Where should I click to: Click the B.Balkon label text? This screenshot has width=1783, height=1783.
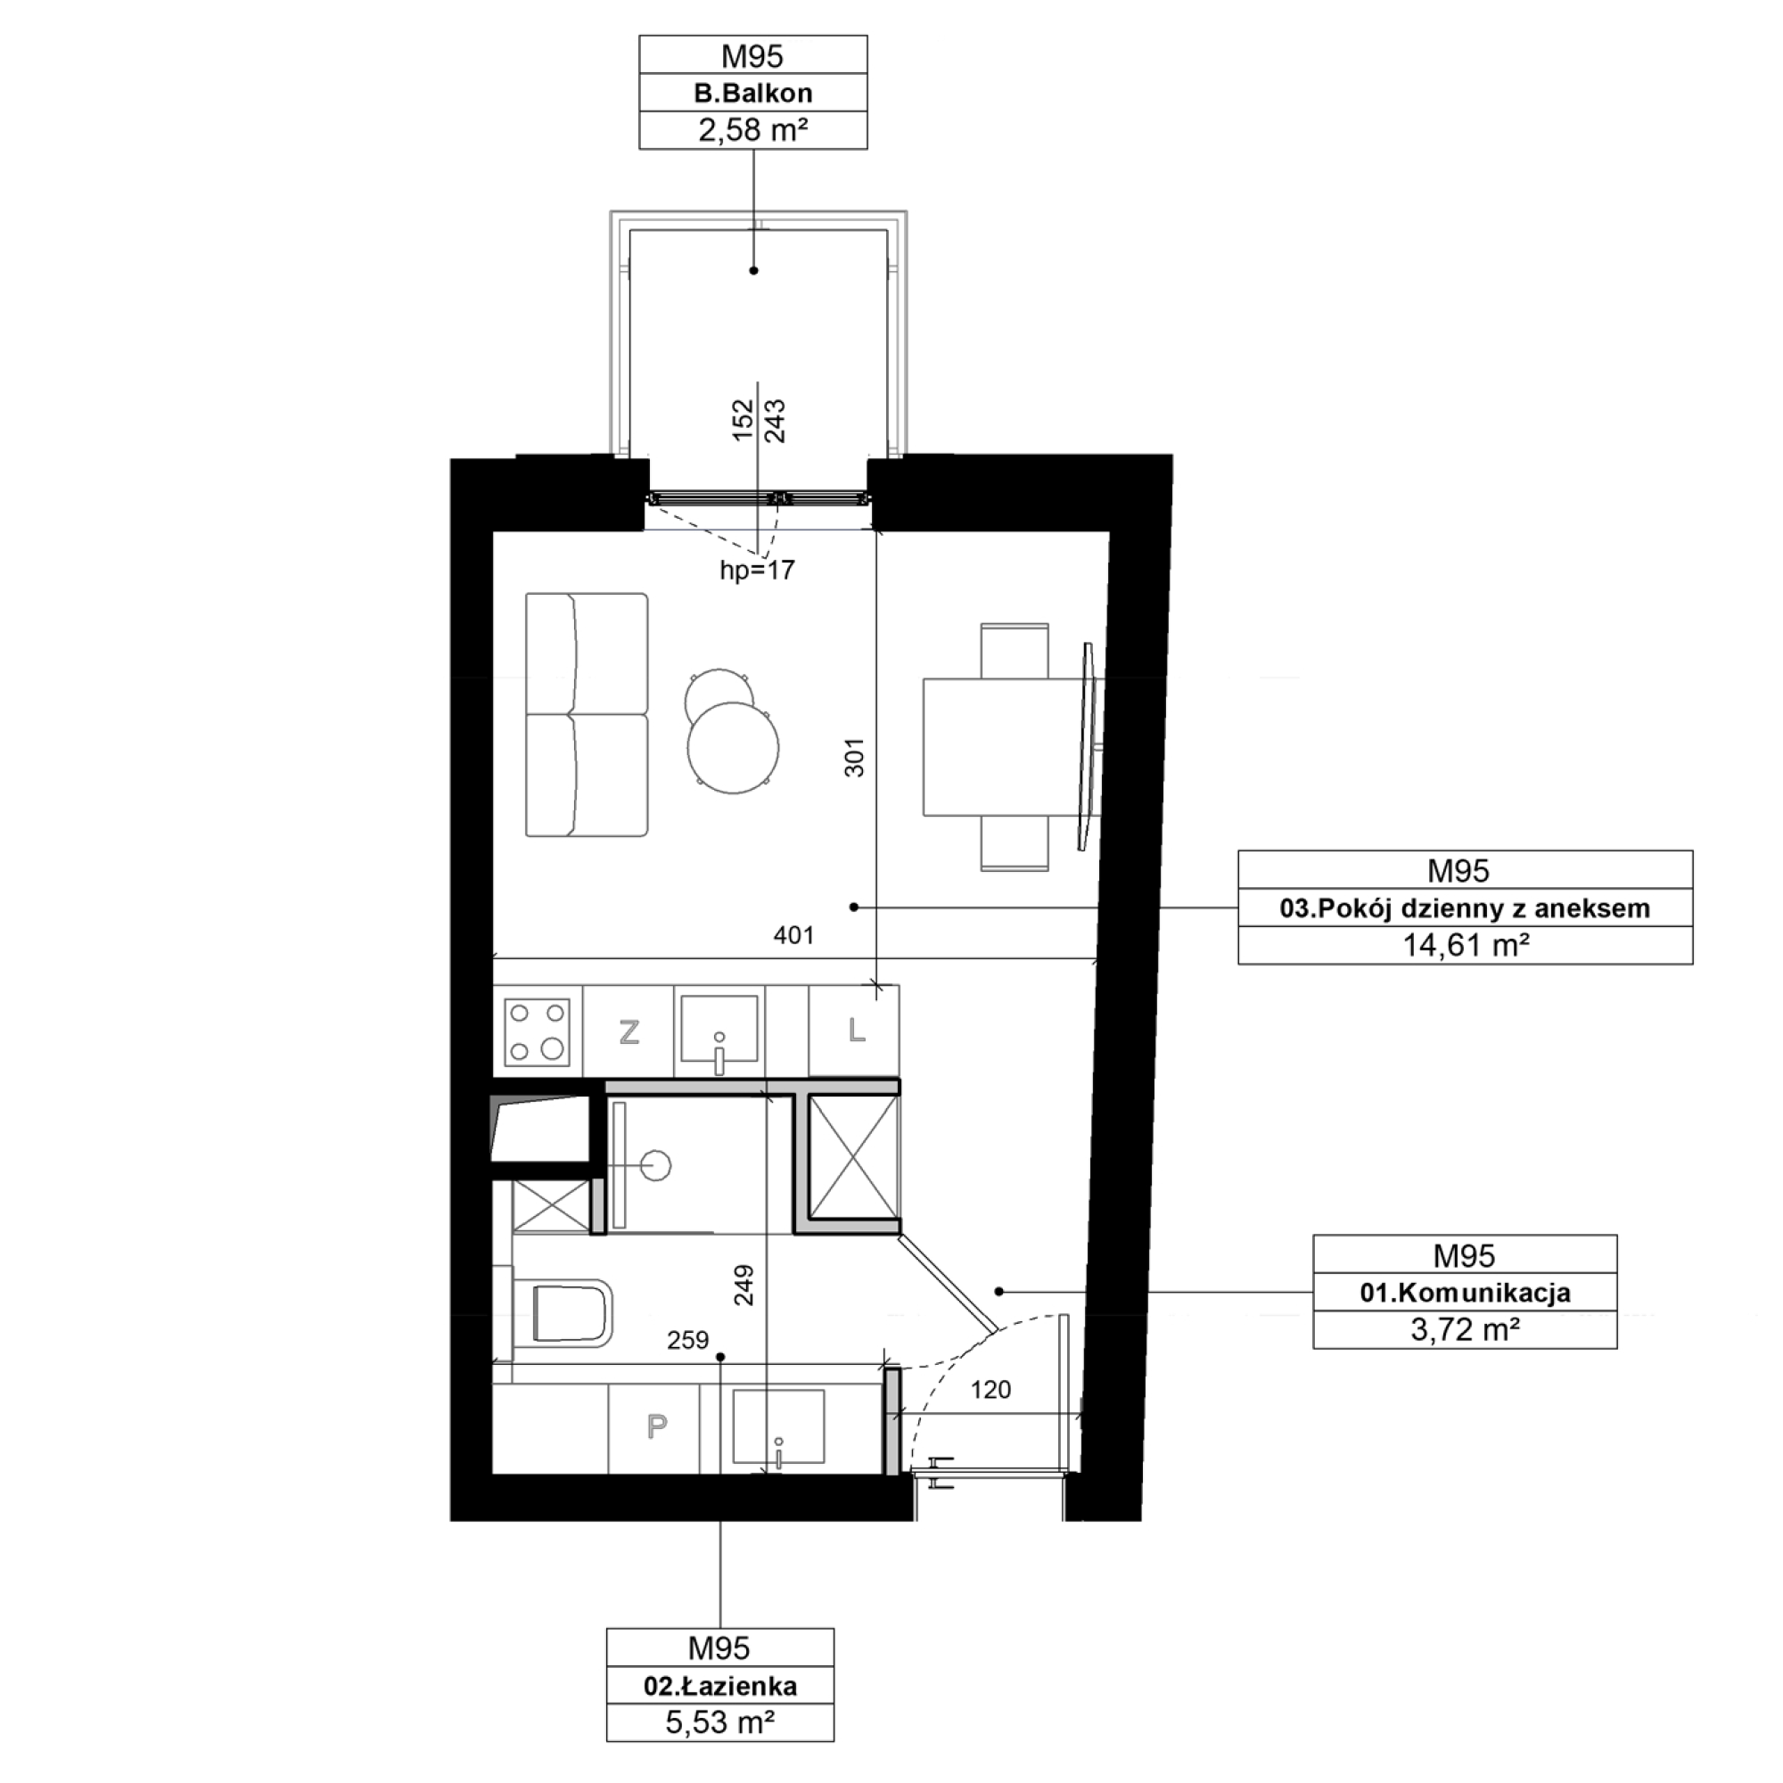(753, 94)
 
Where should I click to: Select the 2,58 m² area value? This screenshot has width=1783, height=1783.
(753, 130)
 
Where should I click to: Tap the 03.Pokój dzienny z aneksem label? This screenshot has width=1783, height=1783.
(1465, 908)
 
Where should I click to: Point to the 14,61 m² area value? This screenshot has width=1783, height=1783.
(1465, 945)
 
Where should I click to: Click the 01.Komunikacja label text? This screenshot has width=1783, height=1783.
(1465, 1293)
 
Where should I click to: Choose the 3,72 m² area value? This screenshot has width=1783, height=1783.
(1465, 1330)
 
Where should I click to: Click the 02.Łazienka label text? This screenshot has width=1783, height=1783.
(719, 1686)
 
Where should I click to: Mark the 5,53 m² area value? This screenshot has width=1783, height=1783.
(719, 1723)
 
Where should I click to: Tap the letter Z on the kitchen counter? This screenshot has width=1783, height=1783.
(629, 1031)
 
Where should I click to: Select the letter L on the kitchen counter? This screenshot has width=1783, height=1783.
(857, 1030)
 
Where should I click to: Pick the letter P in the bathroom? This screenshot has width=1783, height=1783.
(656, 1426)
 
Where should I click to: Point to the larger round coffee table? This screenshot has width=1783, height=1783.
(733, 748)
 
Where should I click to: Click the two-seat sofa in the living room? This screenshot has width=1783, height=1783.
(587, 715)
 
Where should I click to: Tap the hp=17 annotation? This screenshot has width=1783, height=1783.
(757, 571)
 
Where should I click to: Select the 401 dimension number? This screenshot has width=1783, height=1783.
(793, 936)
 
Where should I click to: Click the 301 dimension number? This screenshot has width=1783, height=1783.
(855, 757)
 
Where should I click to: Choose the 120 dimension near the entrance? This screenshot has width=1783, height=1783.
(990, 1390)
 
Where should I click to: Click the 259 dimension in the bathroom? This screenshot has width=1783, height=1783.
(687, 1340)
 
